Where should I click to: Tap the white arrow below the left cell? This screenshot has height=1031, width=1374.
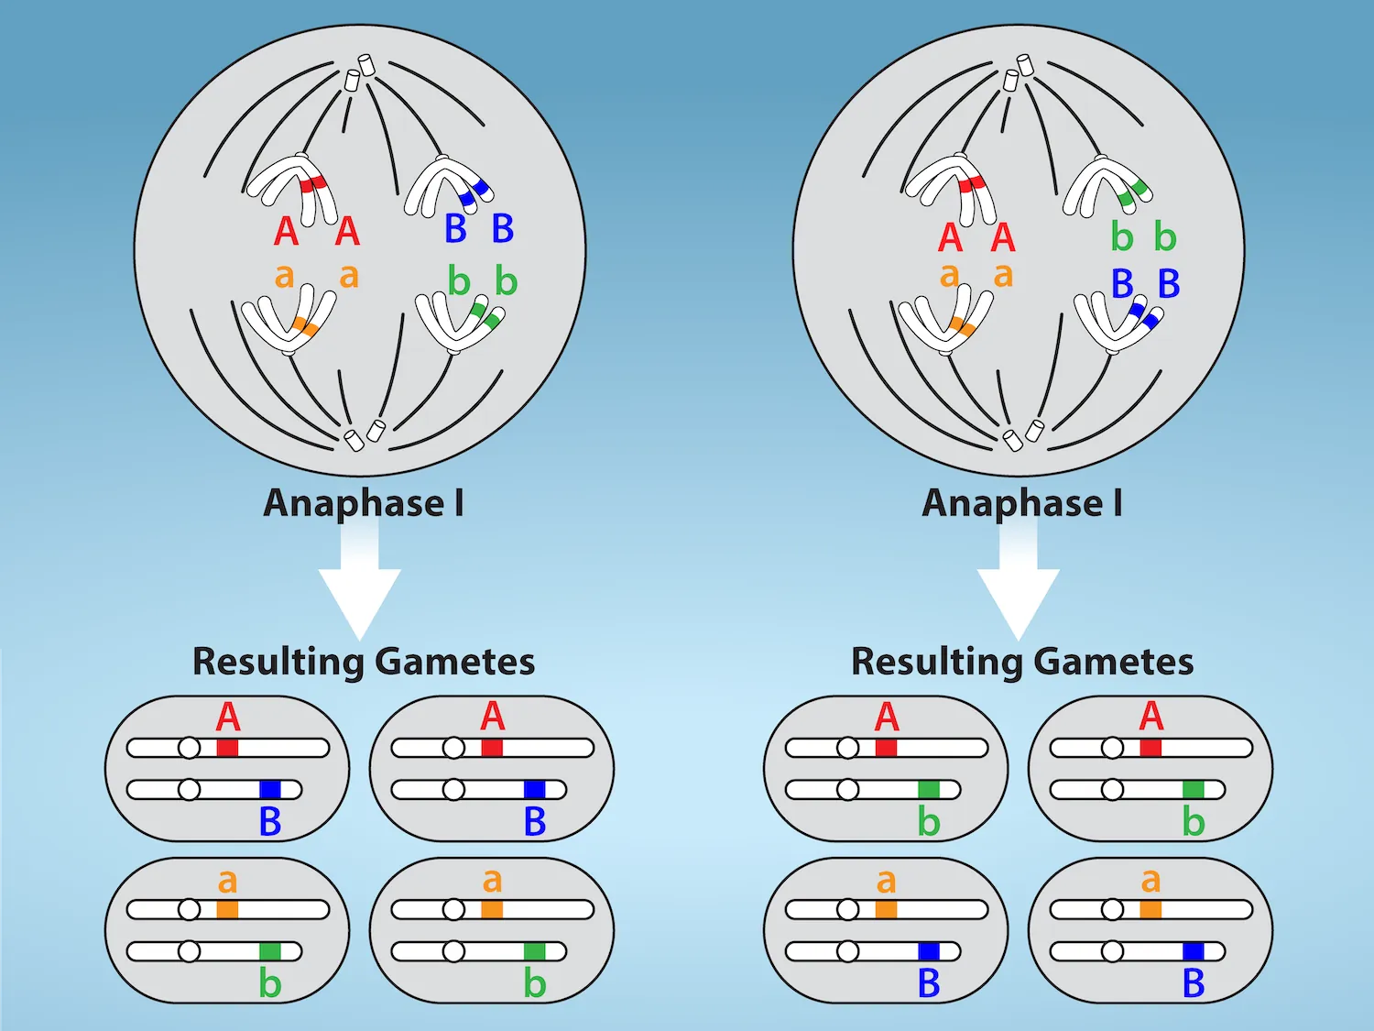(x=359, y=587)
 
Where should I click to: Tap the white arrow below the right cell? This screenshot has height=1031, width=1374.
(x=1018, y=587)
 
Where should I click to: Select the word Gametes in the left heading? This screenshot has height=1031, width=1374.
(x=454, y=662)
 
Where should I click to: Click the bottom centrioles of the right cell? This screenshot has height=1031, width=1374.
(x=1022, y=435)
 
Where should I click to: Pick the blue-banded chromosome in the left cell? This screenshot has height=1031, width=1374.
(x=449, y=187)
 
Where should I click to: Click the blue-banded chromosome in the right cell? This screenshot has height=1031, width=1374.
(x=1118, y=321)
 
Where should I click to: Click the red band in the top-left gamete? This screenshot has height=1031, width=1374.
(x=227, y=748)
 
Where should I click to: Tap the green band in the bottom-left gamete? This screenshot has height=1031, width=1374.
(x=269, y=951)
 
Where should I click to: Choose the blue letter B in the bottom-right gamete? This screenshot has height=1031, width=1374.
(x=1193, y=984)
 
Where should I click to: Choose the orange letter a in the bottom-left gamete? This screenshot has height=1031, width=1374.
(x=227, y=881)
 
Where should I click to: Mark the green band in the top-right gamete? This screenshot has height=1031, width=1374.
(x=1193, y=789)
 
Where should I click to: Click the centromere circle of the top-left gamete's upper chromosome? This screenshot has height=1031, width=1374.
(x=189, y=748)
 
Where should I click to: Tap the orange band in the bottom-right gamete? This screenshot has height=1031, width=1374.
(x=1150, y=909)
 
